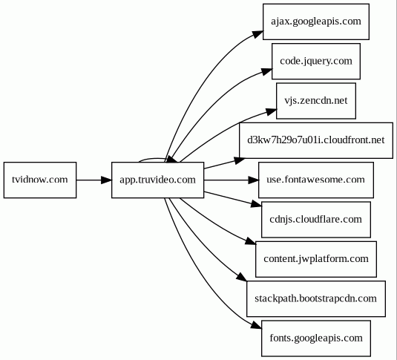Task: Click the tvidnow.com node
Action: click(40, 180)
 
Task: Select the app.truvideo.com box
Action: click(158, 180)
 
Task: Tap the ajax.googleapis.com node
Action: click(316, 22)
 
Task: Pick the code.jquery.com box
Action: click(316, 61)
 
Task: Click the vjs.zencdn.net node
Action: click(316, 101)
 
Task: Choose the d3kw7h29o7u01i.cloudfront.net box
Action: click(316, 140)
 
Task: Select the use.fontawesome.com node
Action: click(316, 180)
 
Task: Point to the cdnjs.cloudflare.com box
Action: click(316, 220)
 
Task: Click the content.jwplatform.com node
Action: click(316, 259)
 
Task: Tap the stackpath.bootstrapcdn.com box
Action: click(316, 298)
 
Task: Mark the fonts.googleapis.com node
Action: click(316, 338)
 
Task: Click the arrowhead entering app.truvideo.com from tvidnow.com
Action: click(106, 180)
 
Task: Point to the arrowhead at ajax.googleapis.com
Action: click(258, 34)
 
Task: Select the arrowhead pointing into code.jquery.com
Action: click(267, 72)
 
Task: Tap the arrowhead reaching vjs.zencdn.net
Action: click(271, 112)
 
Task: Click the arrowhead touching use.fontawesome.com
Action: click(254, 180)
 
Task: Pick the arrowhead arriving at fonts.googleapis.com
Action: click(256, 326)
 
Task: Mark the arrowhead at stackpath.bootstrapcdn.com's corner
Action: click(242, 277)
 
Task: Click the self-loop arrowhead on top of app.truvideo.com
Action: click(172, 160)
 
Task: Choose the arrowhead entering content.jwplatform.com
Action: click(251, 241)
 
